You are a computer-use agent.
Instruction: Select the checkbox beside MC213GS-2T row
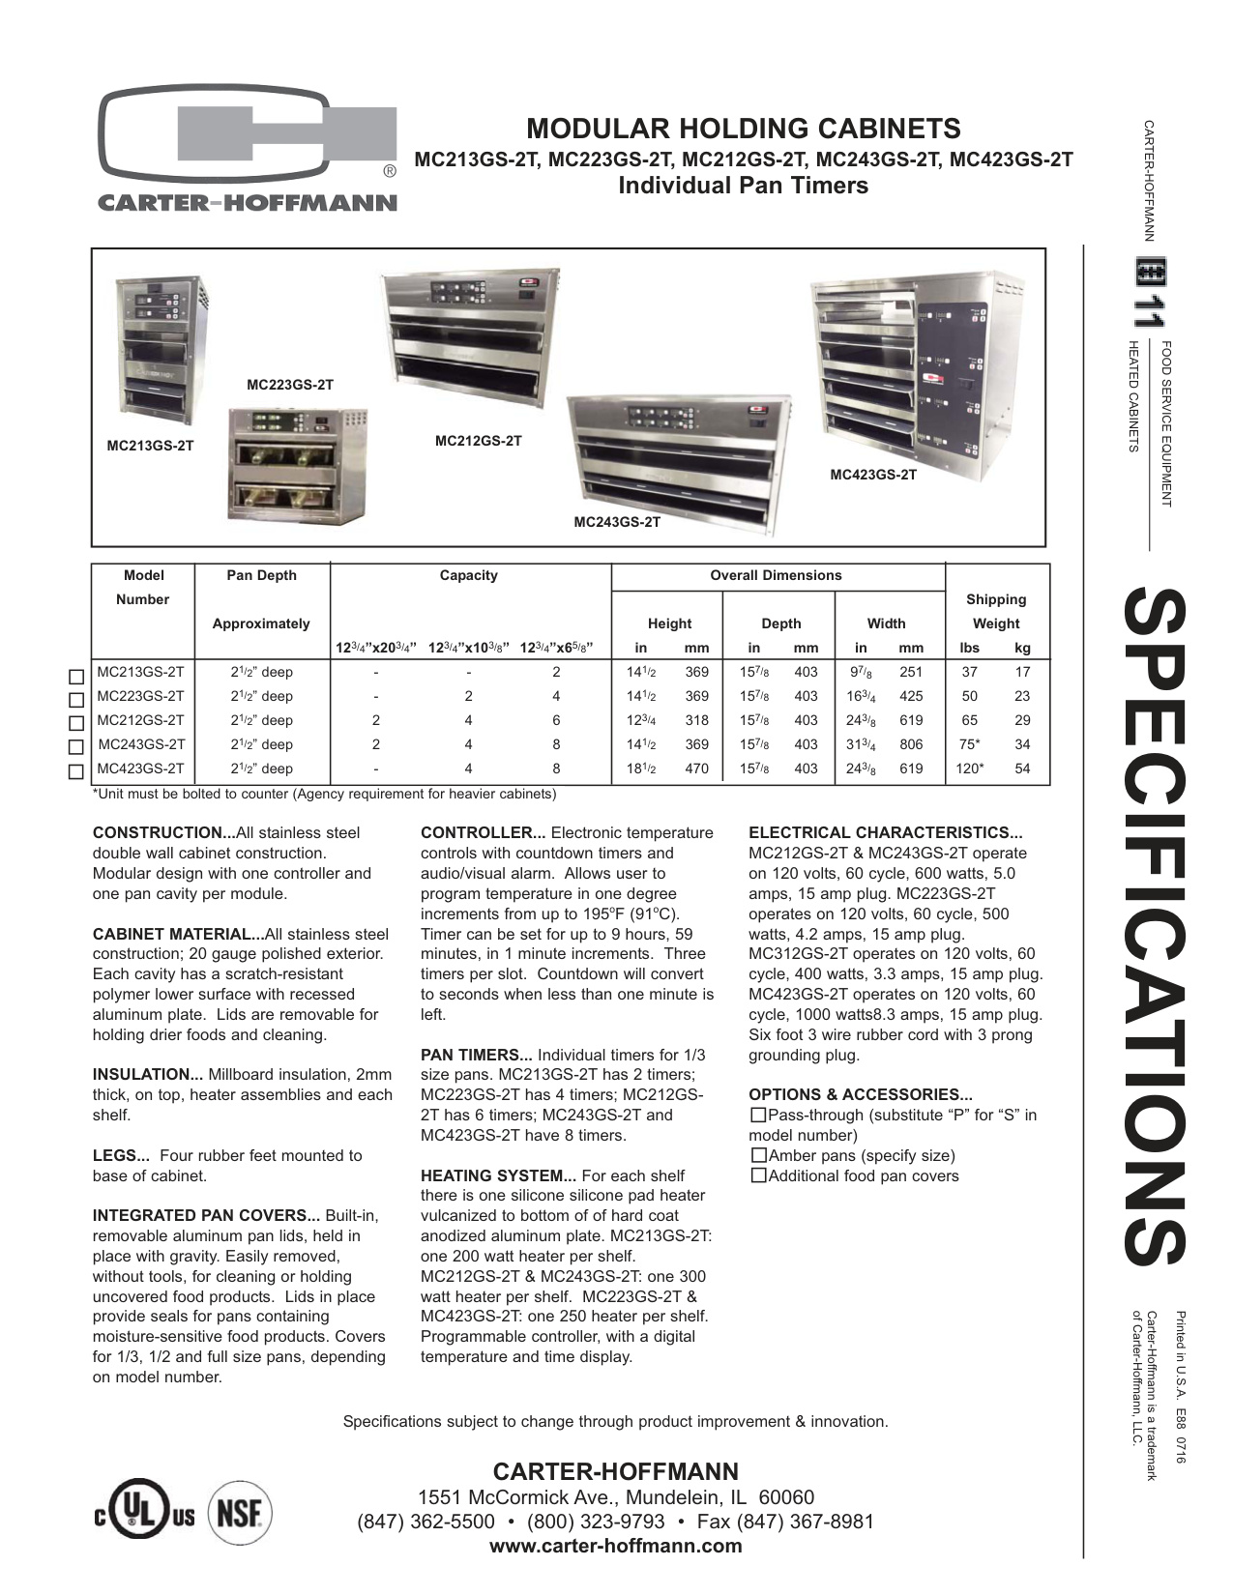[75, 675]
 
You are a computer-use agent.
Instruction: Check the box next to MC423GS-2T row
[75, 771]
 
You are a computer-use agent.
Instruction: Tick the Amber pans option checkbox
[758, 1155]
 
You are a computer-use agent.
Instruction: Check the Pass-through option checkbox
[758, 1115]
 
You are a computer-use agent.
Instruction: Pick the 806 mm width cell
[911, 744]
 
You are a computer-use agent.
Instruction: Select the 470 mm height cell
[696, 768]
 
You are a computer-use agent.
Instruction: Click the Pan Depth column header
[261, 575]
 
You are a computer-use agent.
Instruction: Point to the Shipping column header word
[995, 599]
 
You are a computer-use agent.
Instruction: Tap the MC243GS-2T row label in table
[142, 744]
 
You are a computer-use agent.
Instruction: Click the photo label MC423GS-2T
[873, 475]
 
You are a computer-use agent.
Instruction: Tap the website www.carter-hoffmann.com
[616, 1545]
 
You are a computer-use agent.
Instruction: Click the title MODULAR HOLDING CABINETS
[743, 129]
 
